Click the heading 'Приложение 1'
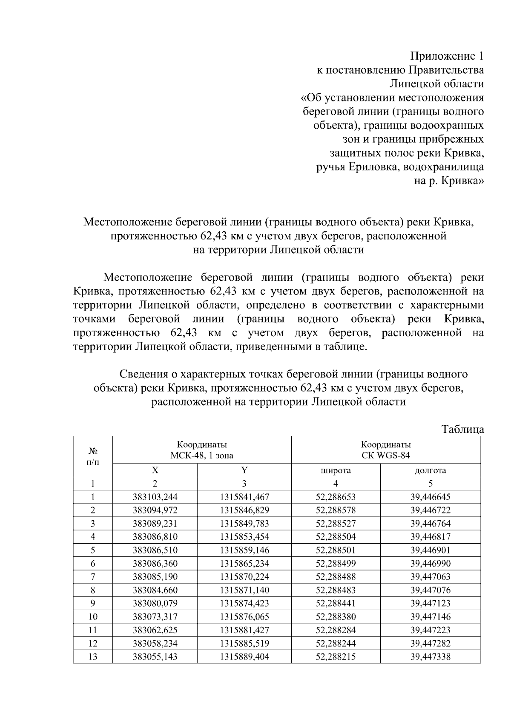point(447,56)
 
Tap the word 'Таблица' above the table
point(462,429)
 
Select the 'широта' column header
point(336,470)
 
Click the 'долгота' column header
point(430,470)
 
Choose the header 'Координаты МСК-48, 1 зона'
point(202,450)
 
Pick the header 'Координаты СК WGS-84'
point(386,450)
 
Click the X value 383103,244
point(155,497)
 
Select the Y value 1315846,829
point(244,510)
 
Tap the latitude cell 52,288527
point(336,524)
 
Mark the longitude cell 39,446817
point(430,537)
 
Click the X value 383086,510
point(155,550)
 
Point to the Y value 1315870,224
point(244,577)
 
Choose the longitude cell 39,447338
point(430,657)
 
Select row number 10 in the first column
point(92,616)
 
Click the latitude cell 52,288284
point(336,630)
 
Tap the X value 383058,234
point(155,643)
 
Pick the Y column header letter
point(244,470)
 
